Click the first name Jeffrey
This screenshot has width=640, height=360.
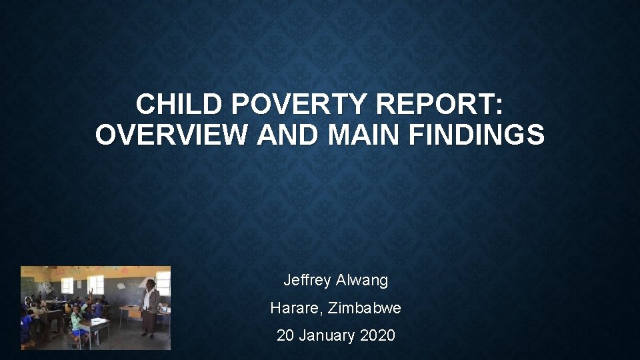click(x=309, y=280)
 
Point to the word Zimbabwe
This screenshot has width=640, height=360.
click(x=365, y=308)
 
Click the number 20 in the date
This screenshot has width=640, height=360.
click(x=285, y=335)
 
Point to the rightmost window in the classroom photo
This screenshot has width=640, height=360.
click(x=163, y=283)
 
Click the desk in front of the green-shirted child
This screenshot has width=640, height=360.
click(x=97, y=327)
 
